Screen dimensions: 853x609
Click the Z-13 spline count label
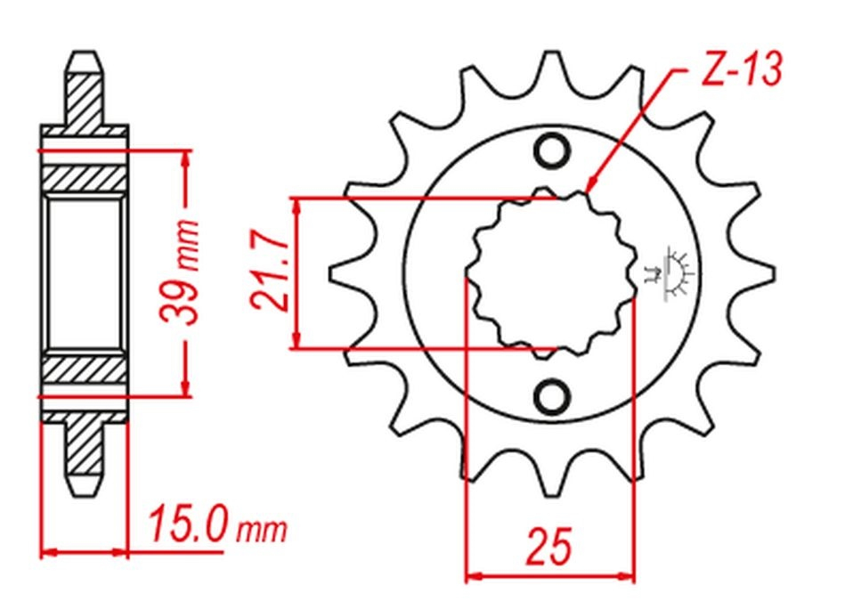[x=742, y=69]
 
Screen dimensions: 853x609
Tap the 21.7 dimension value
[x=269, y=273]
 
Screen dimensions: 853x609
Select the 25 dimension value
[x=548, y=545]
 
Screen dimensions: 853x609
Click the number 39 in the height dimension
[x=178, y=302]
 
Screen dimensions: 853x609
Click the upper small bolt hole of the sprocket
[x=552, y=150]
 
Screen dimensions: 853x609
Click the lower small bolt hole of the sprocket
[x=552, y=396]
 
